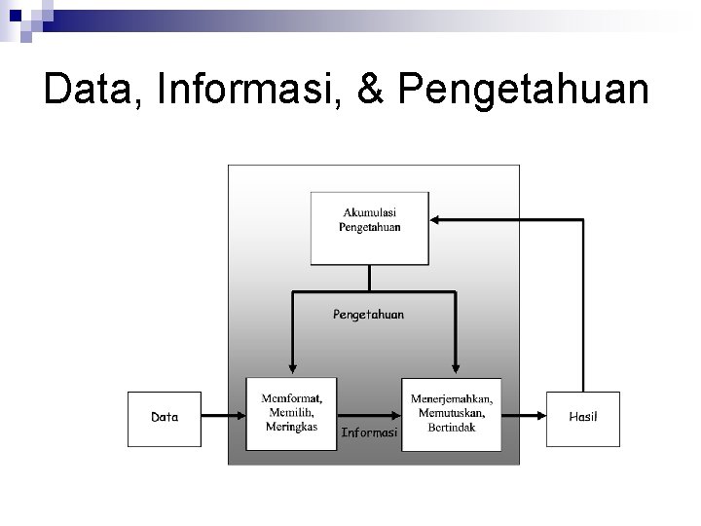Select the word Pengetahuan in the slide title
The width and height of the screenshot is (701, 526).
524,90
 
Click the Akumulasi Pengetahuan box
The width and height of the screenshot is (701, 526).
369,229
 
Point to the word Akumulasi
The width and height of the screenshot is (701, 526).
370,212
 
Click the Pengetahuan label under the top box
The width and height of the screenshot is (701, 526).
369,314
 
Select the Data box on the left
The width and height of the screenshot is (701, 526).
165,419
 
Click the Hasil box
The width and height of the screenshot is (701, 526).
582,419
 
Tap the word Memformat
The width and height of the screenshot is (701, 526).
291,398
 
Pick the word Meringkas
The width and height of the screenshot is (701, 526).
291,427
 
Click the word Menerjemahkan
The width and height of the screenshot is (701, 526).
452,399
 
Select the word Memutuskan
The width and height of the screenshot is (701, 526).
451,414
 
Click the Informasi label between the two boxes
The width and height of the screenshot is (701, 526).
369,432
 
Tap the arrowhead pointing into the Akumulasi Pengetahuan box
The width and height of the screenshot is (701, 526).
434,220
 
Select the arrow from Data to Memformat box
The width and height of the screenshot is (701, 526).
224,417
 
